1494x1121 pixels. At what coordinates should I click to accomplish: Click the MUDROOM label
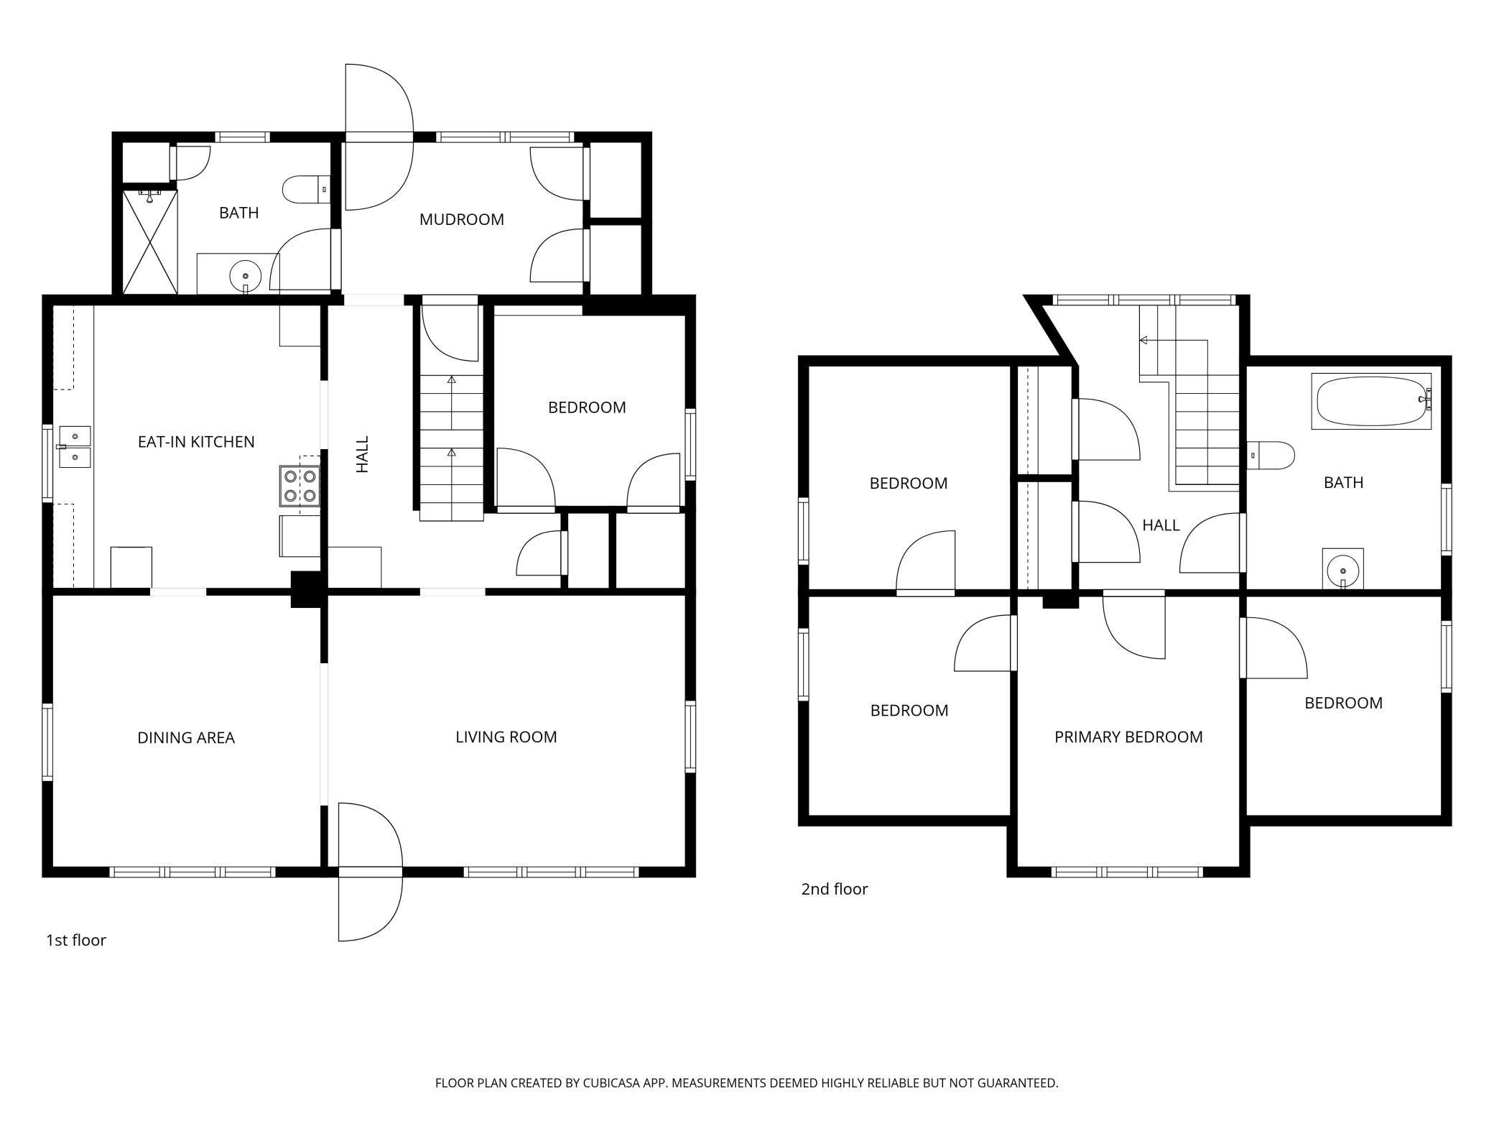click(x=461, y=219)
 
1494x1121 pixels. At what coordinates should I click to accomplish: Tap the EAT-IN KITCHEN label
click(x=196, y=441)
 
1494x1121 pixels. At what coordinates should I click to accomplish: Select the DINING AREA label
click(x=186, y=737)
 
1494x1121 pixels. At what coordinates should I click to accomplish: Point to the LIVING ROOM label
click(x=506, y=737)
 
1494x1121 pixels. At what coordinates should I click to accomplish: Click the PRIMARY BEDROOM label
click(x=1128, y=737)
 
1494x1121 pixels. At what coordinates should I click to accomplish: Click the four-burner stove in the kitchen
click(x=300, y=485)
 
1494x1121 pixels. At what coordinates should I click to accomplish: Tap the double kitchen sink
click(x=75, y=447)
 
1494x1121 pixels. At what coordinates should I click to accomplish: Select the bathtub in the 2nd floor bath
click(x=1372, y=401)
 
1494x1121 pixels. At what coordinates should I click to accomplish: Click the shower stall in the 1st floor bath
click(x=150, y=241)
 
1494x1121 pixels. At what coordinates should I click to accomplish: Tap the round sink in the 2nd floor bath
click(x=1342, y=572)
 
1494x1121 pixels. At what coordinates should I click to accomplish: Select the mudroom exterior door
click(x=379, y=137)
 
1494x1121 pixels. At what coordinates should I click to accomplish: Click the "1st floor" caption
click(x=76, y=940)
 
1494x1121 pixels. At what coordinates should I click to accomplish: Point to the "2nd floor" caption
click(x=835, y=889)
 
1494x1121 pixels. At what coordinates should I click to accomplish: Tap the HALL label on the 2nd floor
click(x=1161, y=525)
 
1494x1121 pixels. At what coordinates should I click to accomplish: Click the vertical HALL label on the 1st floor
click(x=363, y=454)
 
